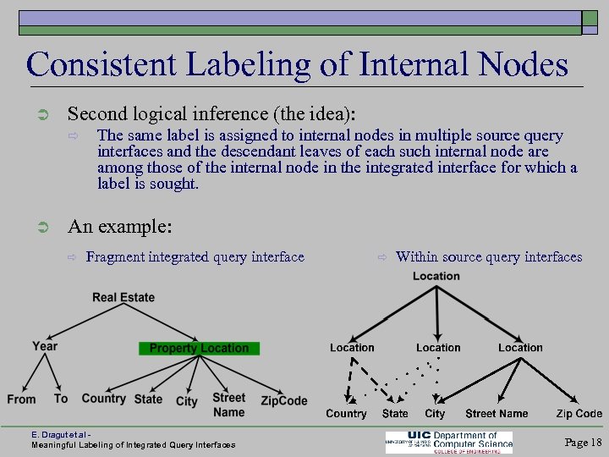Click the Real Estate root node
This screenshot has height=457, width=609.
tap(123, 297)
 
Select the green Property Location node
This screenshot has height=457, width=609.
tap(199, 348)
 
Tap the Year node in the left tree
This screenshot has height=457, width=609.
tap(45, 346)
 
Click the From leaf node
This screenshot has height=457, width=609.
tap(21, 399)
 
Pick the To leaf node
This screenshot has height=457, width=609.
tap(61, 399)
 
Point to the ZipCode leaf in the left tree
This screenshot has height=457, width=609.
tap(284, 400)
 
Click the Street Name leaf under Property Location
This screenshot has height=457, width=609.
tap(228, 405)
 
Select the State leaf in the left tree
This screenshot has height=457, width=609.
tap(148, 399)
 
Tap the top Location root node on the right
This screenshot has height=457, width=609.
tap(436, 276)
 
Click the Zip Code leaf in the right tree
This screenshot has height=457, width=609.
tap(579, 414)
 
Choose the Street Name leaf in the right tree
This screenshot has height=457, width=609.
tap(497, 414)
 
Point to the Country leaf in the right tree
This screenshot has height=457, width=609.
tap(346, 414)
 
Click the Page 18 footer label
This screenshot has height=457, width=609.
tap(583, 443)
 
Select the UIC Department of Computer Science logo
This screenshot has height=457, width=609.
tap(449, 442)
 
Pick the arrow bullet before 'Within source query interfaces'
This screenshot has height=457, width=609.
tap(382, 257)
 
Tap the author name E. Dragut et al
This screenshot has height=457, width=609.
tap(63, 435)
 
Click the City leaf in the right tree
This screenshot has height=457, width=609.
tap(435, 414)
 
